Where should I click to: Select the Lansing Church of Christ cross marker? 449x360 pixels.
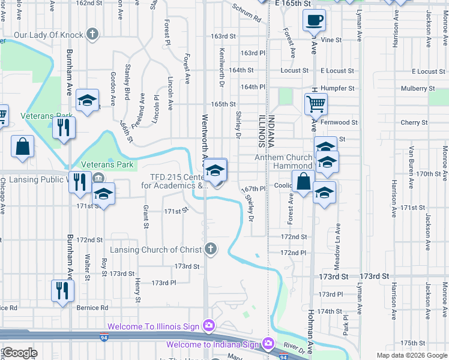pos(210,248)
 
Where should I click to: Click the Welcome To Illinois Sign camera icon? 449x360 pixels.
pos(208,326)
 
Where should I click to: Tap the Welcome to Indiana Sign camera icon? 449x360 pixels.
pos(268,344)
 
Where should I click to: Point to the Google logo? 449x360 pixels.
pos(20,353)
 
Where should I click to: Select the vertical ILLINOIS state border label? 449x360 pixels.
pos(262,131)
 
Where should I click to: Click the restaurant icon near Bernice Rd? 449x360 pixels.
pos(62,291)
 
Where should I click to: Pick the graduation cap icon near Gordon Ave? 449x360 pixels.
pos(88,101)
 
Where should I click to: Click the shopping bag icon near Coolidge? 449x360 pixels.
pos(304,181)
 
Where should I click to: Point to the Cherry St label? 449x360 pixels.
pos(414,122)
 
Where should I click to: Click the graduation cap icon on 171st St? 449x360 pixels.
pos(104,194)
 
